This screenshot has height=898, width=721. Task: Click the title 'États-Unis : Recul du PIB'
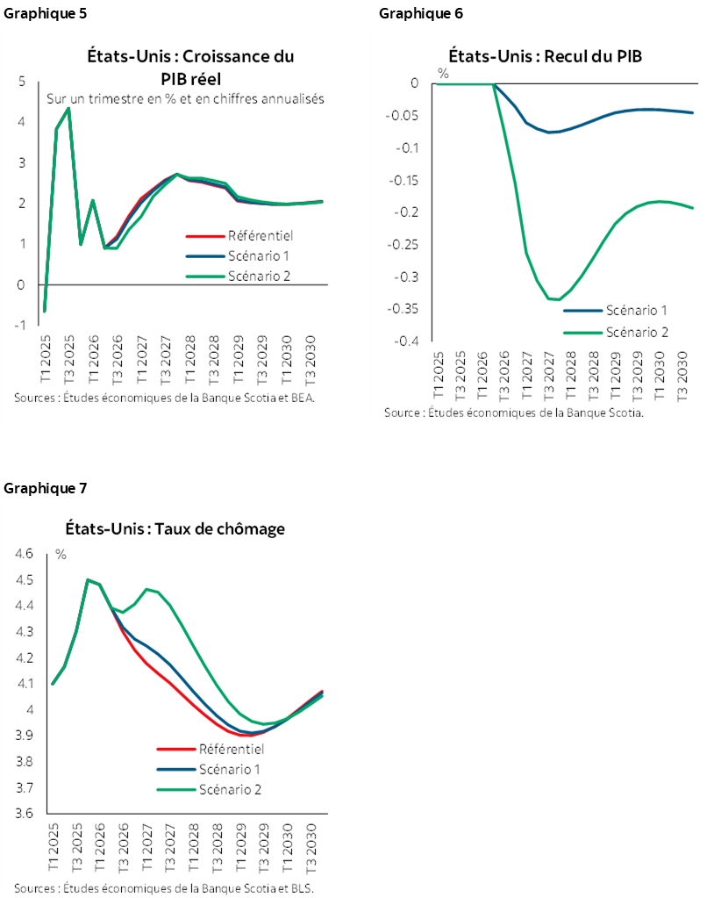point(546,57)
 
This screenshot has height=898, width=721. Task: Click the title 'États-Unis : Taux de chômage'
point(175,528)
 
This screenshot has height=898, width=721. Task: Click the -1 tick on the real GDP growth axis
point(20,325)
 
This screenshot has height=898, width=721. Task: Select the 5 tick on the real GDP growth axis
point(21,82)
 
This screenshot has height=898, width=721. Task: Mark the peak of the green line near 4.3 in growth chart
point(69,109)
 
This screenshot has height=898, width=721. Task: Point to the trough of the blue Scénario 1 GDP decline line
point(549,132)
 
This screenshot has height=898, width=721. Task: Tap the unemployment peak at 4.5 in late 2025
point(88,579)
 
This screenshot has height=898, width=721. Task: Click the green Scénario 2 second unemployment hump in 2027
point(146,589)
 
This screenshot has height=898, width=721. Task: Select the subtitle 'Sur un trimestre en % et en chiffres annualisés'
point(186,99)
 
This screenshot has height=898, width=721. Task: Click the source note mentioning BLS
point(164,887)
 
